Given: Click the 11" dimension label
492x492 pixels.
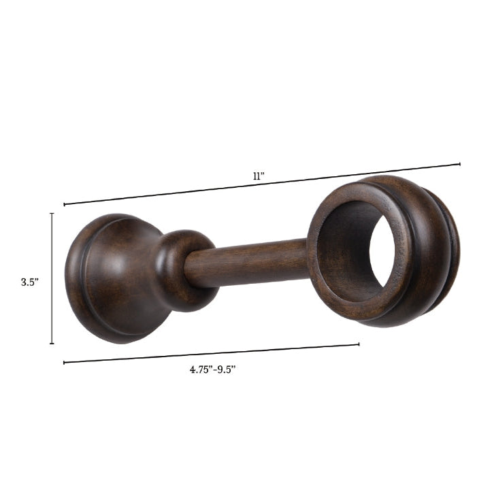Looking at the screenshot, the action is [x=259, y=176].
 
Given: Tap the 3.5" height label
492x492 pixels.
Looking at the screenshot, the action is [x=30, y=282].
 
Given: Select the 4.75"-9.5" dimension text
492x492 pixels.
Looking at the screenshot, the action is [x=212, y=370].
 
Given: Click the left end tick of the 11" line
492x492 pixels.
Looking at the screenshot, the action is [x=65, y=205].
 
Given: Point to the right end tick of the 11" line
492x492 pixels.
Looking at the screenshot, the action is [x=460, y=164].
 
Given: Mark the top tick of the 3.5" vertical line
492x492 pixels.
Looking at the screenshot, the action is [x=52, y=214].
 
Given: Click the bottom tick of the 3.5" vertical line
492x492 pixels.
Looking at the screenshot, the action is [x=52, y=344].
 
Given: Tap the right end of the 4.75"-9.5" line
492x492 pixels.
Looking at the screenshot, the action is [x=359, y=344].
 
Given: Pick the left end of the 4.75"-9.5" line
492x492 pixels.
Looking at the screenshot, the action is [x=64, y=363].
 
